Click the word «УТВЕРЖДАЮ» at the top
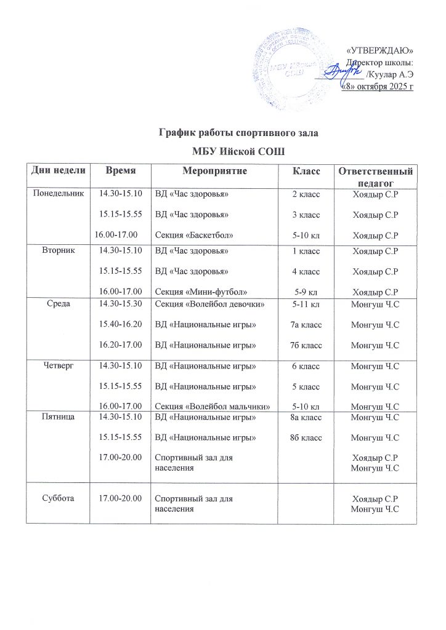tap(381, 50)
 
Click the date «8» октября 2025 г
tap(378, 86)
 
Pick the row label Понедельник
tap(59, 194)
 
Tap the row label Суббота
tap(59, 498)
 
